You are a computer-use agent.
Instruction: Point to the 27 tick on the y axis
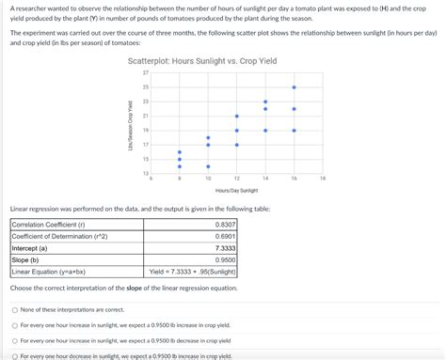pos(146,72)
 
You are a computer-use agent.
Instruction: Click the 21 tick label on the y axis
pos(146,116)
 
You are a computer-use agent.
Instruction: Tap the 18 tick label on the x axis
pos(323,178)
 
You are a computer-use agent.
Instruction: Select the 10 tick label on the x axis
pos(208,178)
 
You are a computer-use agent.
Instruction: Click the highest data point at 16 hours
pos(295,86)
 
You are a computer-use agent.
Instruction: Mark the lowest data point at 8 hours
pos(180,166)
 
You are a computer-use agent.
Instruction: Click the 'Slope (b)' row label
pos(27,259)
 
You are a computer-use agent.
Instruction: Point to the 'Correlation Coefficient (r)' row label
pos(47,225)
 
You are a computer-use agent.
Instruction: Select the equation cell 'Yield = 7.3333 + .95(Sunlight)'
pos(193,272)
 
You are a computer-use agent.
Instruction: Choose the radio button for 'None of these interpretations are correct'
pos(14,309)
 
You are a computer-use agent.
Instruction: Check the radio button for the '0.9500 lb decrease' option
pos(14,340)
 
